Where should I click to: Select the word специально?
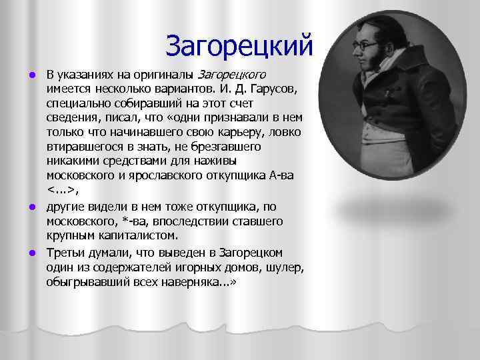pyautogui.click(x=75, y=104)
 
